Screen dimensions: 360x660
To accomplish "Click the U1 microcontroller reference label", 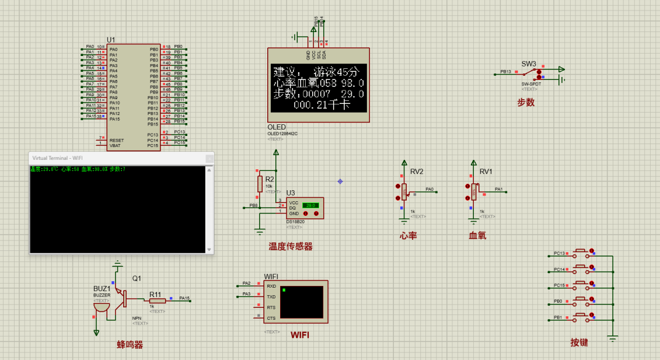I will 111,40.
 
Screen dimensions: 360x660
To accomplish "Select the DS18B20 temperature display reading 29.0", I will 310,205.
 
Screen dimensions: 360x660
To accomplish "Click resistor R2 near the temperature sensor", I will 260,184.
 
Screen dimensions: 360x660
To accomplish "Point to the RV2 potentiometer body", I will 404,191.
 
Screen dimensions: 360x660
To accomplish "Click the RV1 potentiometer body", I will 473,191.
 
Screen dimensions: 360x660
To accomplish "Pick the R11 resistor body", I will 157,300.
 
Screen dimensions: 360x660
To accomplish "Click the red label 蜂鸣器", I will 130,345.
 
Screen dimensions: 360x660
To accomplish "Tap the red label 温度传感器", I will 290,247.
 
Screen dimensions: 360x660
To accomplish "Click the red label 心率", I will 408,236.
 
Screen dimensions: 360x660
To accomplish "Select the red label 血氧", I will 477,236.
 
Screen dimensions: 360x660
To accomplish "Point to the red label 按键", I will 579,342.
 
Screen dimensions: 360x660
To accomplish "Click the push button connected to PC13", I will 581,253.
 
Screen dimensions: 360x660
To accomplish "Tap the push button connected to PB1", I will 581,318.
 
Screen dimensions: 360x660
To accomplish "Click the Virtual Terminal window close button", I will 209,158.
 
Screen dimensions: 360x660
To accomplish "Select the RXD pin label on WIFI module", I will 271,286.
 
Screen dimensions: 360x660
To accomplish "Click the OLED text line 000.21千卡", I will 321,104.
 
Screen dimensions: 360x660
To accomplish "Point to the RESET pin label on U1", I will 117,140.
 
